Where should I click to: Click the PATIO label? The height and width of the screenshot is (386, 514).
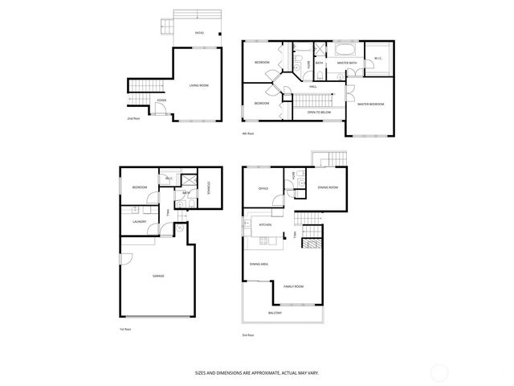pos(199,33)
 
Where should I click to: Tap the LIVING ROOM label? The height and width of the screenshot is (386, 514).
pos(200,85)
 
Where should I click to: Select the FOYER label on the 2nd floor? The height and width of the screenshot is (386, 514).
pos(161,101)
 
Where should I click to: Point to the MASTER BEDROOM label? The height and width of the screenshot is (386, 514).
pos(371,104)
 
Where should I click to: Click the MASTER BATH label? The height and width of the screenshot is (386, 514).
pos(347,63)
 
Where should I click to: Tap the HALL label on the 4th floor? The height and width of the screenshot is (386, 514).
pos(313,85)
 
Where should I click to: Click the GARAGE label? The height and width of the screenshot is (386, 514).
pos(159,276)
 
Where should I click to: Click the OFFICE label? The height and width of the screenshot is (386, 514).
pos(263,188)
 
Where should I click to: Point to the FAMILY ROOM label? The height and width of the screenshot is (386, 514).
pos(293,286)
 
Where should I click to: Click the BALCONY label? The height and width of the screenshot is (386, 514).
pos(275,313)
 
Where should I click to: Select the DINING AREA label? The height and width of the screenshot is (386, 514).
pos(259,264)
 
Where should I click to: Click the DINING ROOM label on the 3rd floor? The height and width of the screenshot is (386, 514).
pos(328,187)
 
